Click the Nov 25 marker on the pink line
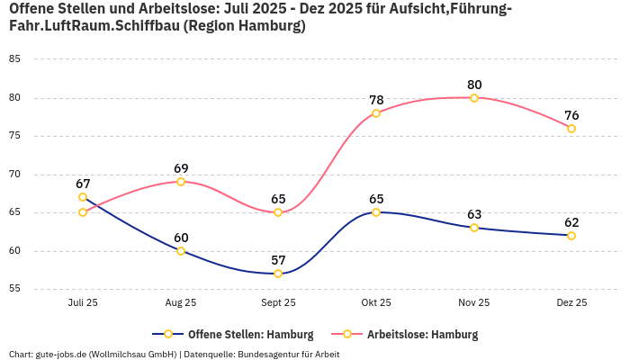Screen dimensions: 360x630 474,97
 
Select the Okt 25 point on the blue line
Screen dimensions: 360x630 376,212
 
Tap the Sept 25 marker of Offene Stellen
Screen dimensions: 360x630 278,274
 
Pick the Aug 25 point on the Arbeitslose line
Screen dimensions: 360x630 181,182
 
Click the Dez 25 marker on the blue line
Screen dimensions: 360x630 571,236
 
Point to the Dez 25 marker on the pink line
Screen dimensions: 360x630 571,128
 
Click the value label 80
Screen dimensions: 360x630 474,85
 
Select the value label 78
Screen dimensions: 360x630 376,100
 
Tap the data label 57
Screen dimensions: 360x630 278,260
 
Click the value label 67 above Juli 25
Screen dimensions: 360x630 83,184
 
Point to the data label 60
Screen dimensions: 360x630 181,238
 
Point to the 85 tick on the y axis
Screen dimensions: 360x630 14,59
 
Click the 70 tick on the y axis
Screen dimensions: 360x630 14,175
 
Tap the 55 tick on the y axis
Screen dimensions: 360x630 14,289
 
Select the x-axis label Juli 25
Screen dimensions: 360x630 83,303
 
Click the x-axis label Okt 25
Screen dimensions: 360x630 376,303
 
